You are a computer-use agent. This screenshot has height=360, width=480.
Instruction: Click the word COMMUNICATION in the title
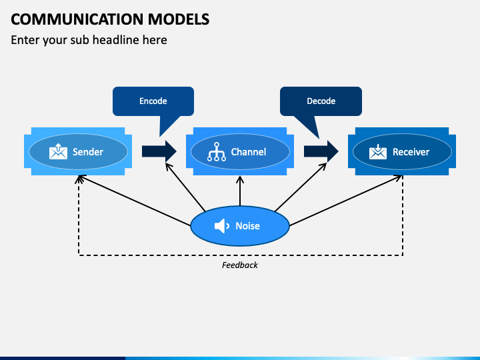(x=77, y=19)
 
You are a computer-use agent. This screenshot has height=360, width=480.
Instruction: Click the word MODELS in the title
(x=179, y=19)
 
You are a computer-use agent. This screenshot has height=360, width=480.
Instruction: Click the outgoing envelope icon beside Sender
(x=58, y=151)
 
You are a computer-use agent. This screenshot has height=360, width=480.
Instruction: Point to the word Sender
(x=88, y=152)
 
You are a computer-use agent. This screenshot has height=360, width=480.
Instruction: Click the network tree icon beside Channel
(x=217, y=151)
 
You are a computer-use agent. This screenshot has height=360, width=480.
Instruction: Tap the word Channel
(x=249, y=152)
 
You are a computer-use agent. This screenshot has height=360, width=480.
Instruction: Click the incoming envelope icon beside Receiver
(x=378, y=151)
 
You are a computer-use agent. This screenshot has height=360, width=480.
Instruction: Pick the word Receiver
(x=411, y=152)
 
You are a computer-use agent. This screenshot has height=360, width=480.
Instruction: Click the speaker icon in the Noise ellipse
(x=222, y=226)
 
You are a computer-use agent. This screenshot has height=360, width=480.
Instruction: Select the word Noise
(x=247, y=226)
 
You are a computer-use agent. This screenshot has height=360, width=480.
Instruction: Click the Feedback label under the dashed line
(x=240, y=265)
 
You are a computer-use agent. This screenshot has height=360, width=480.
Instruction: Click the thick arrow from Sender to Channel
(x=159, y=151)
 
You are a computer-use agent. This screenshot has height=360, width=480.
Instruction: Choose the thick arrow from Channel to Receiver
(x=321, y=151)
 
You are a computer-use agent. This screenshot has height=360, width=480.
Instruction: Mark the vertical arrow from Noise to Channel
(x=240, y=191)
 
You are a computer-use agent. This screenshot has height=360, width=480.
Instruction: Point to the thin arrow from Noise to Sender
(x=135, y=201)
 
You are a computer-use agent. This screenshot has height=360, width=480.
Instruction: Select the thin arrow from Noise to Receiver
(x=345, y=201)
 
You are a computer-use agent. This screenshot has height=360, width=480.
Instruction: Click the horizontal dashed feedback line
(x=241, y=255)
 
